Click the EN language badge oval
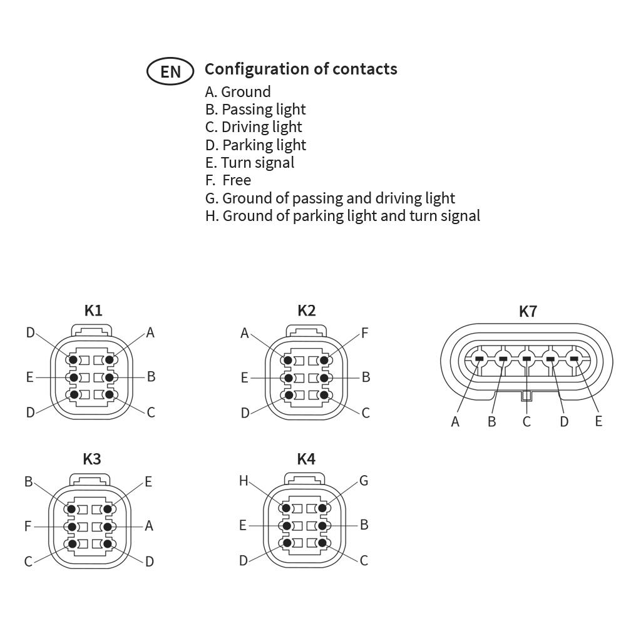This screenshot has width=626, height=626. (x=170, y=71)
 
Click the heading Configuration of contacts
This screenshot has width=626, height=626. (x=300, y=69)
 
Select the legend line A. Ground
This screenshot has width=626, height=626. (x=238, y=92)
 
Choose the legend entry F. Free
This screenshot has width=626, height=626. (x=228, y=180)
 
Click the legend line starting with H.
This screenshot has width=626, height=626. (x=342, y=215)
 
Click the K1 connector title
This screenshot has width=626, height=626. (x=93, y=310)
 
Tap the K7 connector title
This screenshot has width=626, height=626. (x=528, y=311)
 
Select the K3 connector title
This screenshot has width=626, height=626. (x=92, y=459)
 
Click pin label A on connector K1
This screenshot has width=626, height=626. (x=150, y=332)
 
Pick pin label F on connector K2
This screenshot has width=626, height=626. (x=364, y=333)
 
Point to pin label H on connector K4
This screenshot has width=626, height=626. (x=244, y=481)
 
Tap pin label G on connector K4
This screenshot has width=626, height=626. (x=364, y=481)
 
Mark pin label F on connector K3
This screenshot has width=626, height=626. (x=28, y=526)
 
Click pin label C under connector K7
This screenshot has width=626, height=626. (x=526, y=421)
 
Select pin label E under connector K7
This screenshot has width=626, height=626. (x=598, y=421)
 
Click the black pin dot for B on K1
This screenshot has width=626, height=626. (x=110, y=377)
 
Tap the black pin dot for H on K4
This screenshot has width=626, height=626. (x=286, y=508)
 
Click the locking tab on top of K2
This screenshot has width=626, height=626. (x=306, y=331)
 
